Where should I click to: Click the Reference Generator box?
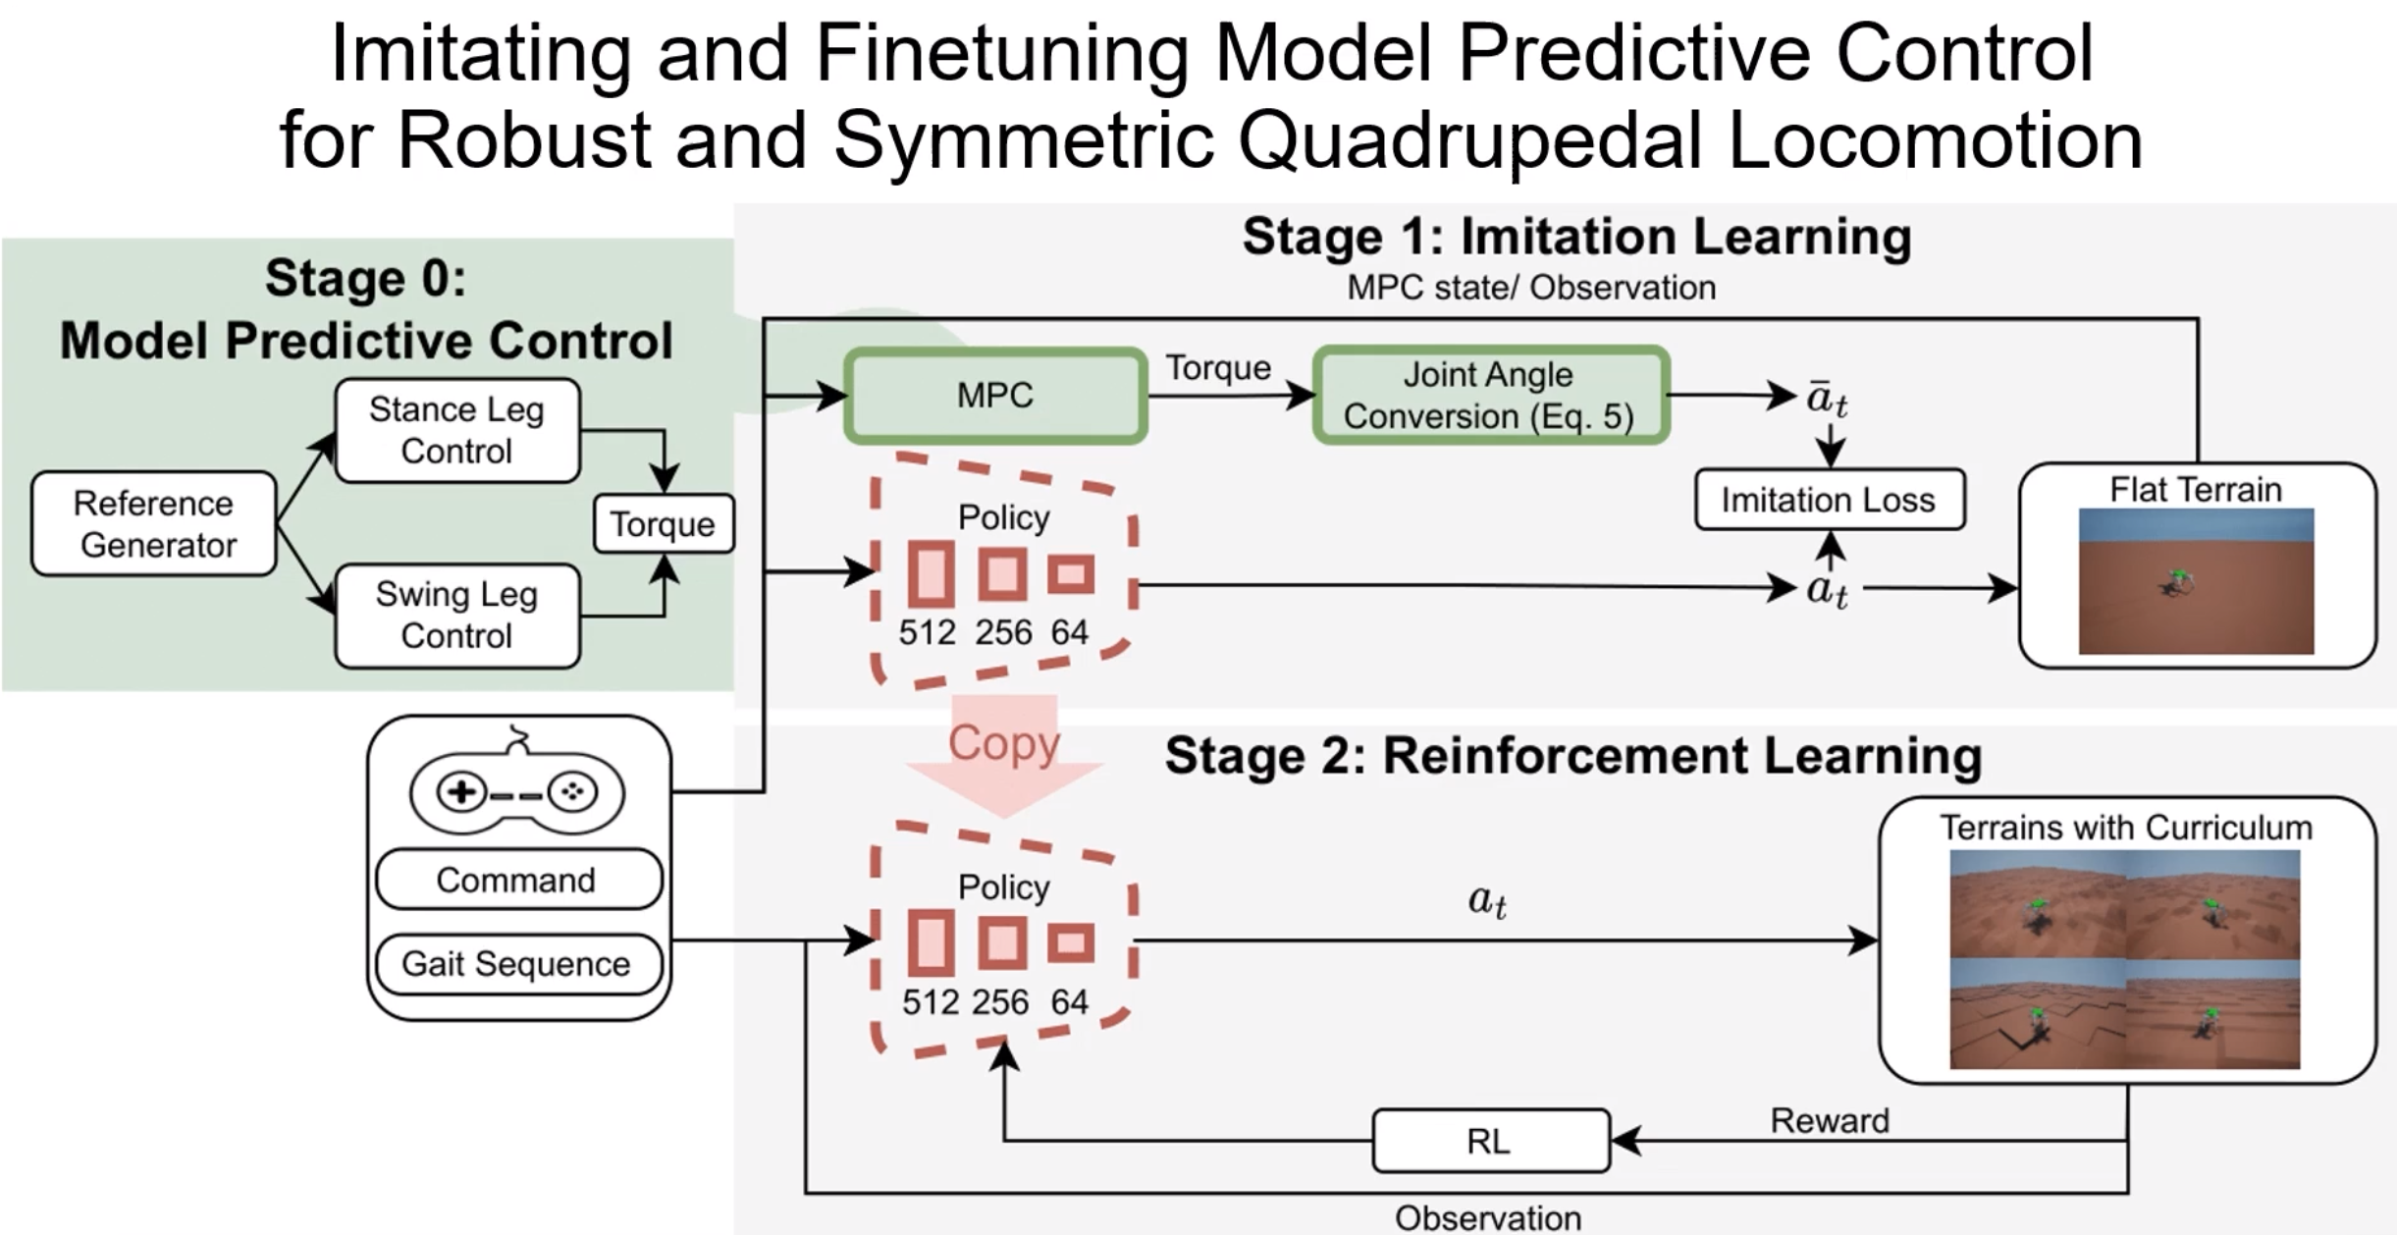pyautogui.click(x=154, y=523)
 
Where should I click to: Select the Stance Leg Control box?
pyautogui.click(x=457, y=430)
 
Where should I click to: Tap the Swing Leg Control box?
pyautogui.click(x=457, y=616)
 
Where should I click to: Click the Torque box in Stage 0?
pyautogui.click(x=664, y=524)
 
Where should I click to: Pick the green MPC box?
pyautogui.click(x=995, y=395)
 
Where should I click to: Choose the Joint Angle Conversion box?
pyautogui.click(x=1490, y=395)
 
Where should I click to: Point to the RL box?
pyautogui.click(x=1490, y=1141)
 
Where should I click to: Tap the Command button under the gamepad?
pyautogui.click(x=517, y=880)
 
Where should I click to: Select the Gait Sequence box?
pyautogui.click(x=517, y=964)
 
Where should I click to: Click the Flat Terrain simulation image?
pyautogui.click(x=2196, y=581)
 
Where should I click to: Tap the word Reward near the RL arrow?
pyautogui.click(x=1830, y=1120)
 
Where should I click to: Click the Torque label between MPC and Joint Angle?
pyautogui.click(x=1218, y=368)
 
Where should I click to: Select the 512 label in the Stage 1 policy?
pyautogui.click(x=927, y=632)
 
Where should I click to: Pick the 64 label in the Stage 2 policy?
pyautogui.click(x=1069, y=1002)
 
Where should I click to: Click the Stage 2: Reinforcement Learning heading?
pyautogui.click(x=1572, y=756)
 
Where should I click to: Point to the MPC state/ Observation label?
pyautogui.click(x=1531, y=288)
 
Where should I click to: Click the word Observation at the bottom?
pyautogui.click(x=1488, y=1218)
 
